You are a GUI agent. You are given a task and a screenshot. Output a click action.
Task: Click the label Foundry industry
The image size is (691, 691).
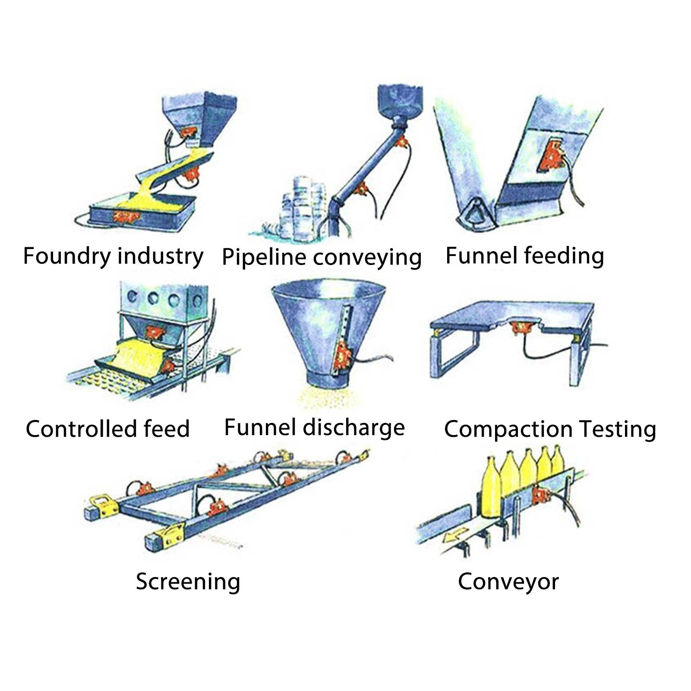pyautogui.click(x=113, y=257)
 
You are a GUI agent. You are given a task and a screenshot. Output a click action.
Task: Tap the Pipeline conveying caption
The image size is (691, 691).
pyautogui.click(x=322, y=257)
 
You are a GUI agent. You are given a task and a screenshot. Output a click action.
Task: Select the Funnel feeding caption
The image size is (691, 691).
pyautogui.click(x=524, y=256)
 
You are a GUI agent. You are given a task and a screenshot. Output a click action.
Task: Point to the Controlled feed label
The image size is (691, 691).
pyautogui.click(x=108, y=429)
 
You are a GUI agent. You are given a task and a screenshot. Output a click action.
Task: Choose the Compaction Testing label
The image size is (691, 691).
pyautogui.click(x=550, y=429)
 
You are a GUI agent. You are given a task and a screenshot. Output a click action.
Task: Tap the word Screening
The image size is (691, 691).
pyautogui.click(x=188, y=582)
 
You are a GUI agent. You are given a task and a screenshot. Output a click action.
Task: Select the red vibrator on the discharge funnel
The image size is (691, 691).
pyautogui.click(x=344, y=356)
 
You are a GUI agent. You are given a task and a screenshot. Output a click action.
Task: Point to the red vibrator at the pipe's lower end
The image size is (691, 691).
pyautogui.click(x=361, y=189)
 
